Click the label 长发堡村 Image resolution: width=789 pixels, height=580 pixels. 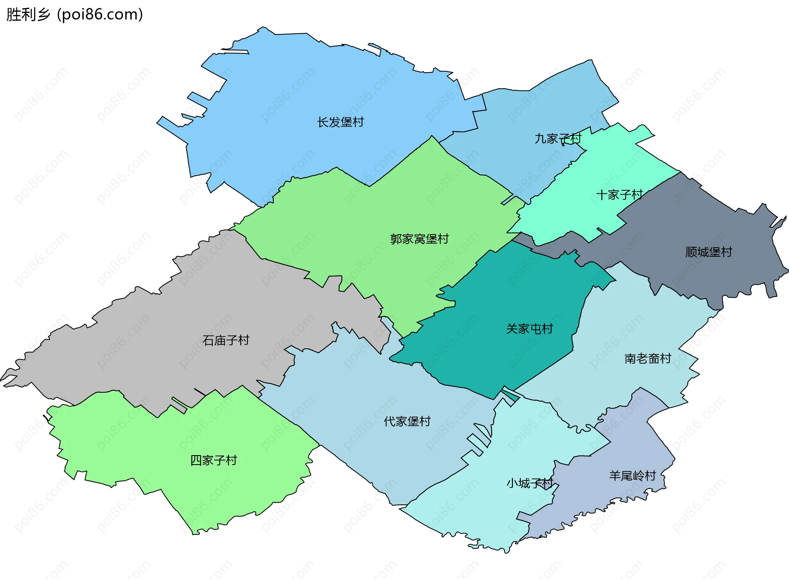pyautogui.click(x=340, y=122)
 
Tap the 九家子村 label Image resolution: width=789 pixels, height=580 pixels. pyautogui.click(x=558, y=139)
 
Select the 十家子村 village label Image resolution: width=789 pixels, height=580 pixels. pyautogui.click(x=619, y=195)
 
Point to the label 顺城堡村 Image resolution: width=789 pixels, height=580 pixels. pyautogui.click(x=708, y=252)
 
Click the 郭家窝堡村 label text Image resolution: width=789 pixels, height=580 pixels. pyautogui.click(x=419, y=239)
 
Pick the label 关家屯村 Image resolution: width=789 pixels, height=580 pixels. pyautogui.click(x=529, y=329)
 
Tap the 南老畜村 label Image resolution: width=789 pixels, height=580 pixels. pyautogui.click(x=648, y=359)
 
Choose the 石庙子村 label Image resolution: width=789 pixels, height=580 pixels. pyautogui.click(x=226, y=340)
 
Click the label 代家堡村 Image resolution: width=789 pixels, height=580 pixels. pyautogui.click(x=407, y=421)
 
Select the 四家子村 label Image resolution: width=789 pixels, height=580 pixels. pyautogui.click(x=214, y=460)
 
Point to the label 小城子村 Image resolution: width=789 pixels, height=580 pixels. pyautogui.click(x=530, y=483)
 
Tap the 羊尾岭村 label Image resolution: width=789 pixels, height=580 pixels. pyautogui.click(x=632, y=476)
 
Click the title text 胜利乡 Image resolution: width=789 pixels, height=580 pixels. pyautogui.click(x=28, y=14)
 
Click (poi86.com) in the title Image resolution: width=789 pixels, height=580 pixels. pyautogui.click(x=100, y=14)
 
